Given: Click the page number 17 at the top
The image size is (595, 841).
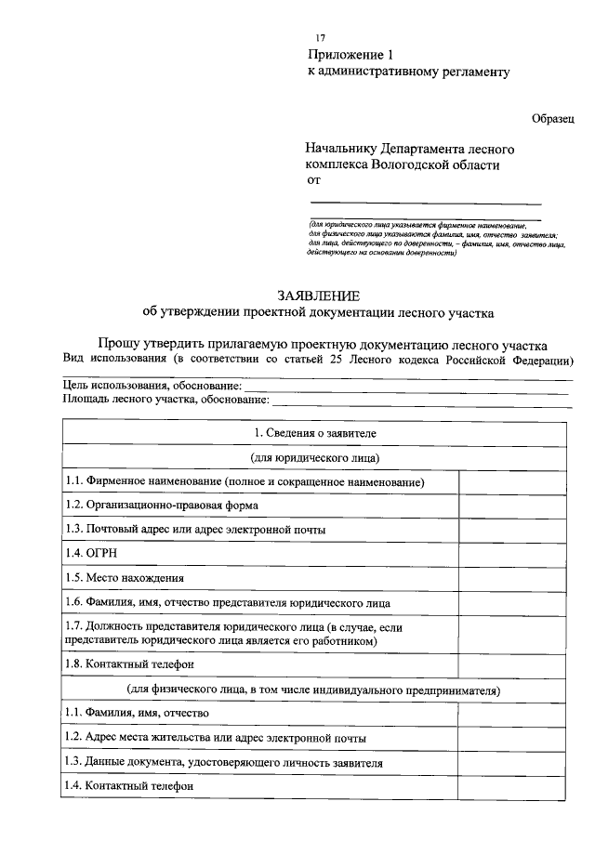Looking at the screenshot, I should point(321,36).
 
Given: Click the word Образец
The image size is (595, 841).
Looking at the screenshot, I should point(553,118).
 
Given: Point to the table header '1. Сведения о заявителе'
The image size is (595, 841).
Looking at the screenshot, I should point(315,434).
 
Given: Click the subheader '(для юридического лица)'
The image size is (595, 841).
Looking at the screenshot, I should point(315,458).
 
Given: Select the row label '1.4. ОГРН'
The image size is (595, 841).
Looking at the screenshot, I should point(88,554).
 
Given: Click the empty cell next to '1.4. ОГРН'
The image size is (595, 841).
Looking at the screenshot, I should point(513,554).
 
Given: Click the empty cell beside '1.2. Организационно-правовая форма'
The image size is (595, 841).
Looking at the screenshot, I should point(513,506).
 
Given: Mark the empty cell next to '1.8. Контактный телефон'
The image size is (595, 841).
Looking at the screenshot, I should point(513,664).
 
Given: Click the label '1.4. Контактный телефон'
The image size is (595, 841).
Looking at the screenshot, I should point(130,785).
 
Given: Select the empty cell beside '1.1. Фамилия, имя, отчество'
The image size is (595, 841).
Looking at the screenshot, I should point(513,713).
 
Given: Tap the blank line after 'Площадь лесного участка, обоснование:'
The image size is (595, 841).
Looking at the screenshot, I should point(420,401).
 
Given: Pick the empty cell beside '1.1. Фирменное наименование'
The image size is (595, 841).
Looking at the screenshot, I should point(513,482).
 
